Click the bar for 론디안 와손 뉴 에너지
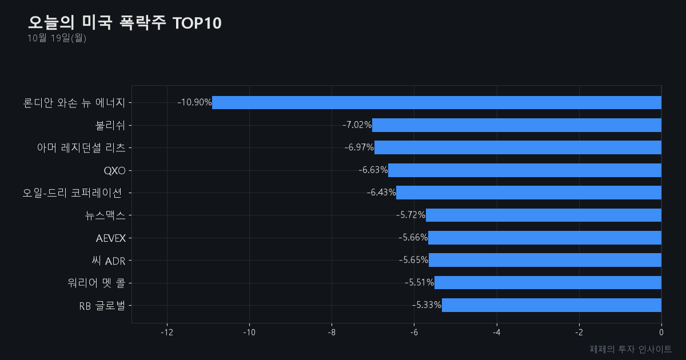(437, 102)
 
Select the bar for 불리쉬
(517, 125)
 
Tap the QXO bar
(525, 170)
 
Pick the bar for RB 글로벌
(552, 305)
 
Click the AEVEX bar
(545, 238)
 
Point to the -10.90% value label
(194, 102)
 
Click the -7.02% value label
(357, 125)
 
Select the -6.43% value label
(381, 192)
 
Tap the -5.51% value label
(419, 282)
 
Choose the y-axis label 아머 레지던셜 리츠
(81, 148)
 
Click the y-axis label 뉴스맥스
(105, 215)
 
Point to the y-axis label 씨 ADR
(109, 261)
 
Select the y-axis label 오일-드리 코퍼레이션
(72, 193)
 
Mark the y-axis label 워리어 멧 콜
(97, 283)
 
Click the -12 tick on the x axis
(167, 333)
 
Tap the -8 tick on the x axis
(332, 333)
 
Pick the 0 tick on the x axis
(661, 333)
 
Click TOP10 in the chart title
(197, 23)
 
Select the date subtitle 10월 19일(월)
(57, 38)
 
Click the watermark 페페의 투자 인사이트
(631, 349)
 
